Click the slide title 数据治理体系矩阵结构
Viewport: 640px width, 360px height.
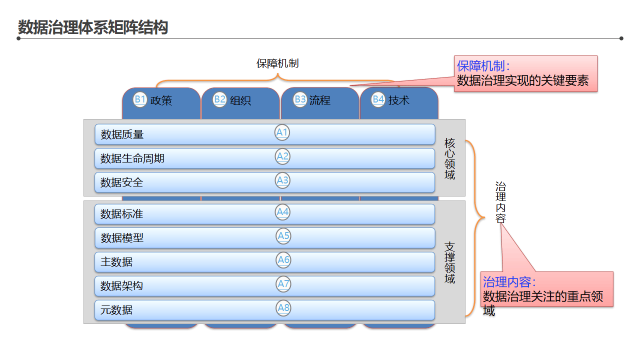(92, 27)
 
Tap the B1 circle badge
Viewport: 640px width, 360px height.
(140, 99)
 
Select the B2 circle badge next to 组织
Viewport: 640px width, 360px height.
(220, 99)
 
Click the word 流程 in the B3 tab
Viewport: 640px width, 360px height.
(320, 100)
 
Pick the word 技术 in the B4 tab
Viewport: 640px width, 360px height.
(399, 100)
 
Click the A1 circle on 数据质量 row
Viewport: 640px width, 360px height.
(282, 132)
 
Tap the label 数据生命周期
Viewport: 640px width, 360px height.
(132, 158)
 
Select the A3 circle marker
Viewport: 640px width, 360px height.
(283, 180)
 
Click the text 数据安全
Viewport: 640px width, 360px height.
(122, 182)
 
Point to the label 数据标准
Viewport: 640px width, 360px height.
(122, 214)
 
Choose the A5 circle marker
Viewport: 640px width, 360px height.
(283, 235)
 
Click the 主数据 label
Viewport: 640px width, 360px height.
(116, 262)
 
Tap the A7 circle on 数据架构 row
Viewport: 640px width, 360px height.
(283, 284)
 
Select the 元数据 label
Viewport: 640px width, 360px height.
(116, 310)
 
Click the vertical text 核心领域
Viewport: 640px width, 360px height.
(450, 158)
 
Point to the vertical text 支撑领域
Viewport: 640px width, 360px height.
(450, 262)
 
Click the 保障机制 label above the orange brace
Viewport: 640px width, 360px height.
(277, 63)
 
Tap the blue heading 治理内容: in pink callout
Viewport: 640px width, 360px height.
(509, 281)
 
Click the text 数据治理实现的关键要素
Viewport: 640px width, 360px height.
(522, 80)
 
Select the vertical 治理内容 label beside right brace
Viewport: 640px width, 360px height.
(500, 202)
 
